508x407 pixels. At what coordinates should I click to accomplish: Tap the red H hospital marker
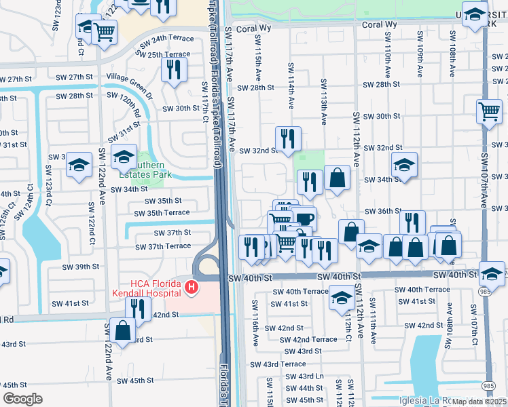click(192, 288)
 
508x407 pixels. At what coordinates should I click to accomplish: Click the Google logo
click(22, 398)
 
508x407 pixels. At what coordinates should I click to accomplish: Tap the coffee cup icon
click(305, 218)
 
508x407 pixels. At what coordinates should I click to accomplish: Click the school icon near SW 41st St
click(340, 296)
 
